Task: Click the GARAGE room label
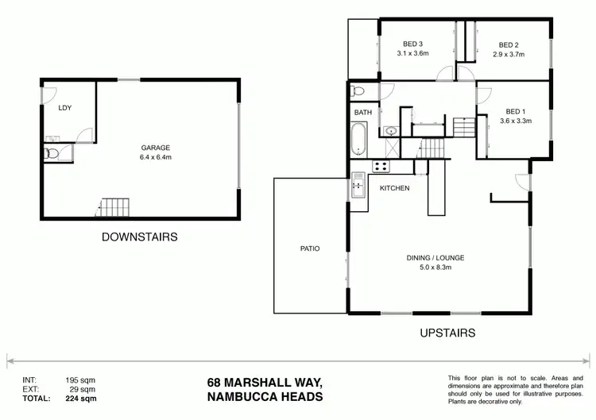[157, 148]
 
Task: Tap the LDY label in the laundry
[67, 108]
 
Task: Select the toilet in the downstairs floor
[50, 153]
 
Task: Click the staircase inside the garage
[112, 208]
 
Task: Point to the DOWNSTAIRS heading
[139, 237]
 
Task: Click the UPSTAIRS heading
[447, 333]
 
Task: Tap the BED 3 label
[412, 44]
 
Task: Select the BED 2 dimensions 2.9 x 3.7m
[509, 54]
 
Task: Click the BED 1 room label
[515, 111]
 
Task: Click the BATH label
[362, 113]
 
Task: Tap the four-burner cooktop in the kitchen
[380, 167]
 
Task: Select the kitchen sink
[358, 186]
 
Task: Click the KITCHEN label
[394, 188]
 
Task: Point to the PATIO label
[310, 249]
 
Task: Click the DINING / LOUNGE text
[435, 257]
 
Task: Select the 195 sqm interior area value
[80, 380]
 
